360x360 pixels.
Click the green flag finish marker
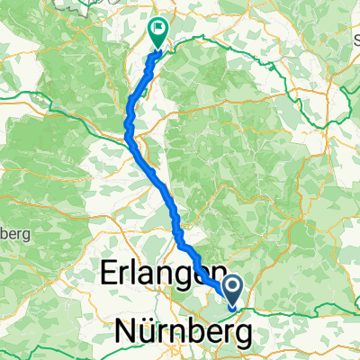coord(158,33)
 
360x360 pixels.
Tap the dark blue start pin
coord(231,289)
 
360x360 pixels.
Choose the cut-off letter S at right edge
coord(356,41)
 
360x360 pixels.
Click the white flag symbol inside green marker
coord(159,30)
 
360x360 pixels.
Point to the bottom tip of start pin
coord(231,307)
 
